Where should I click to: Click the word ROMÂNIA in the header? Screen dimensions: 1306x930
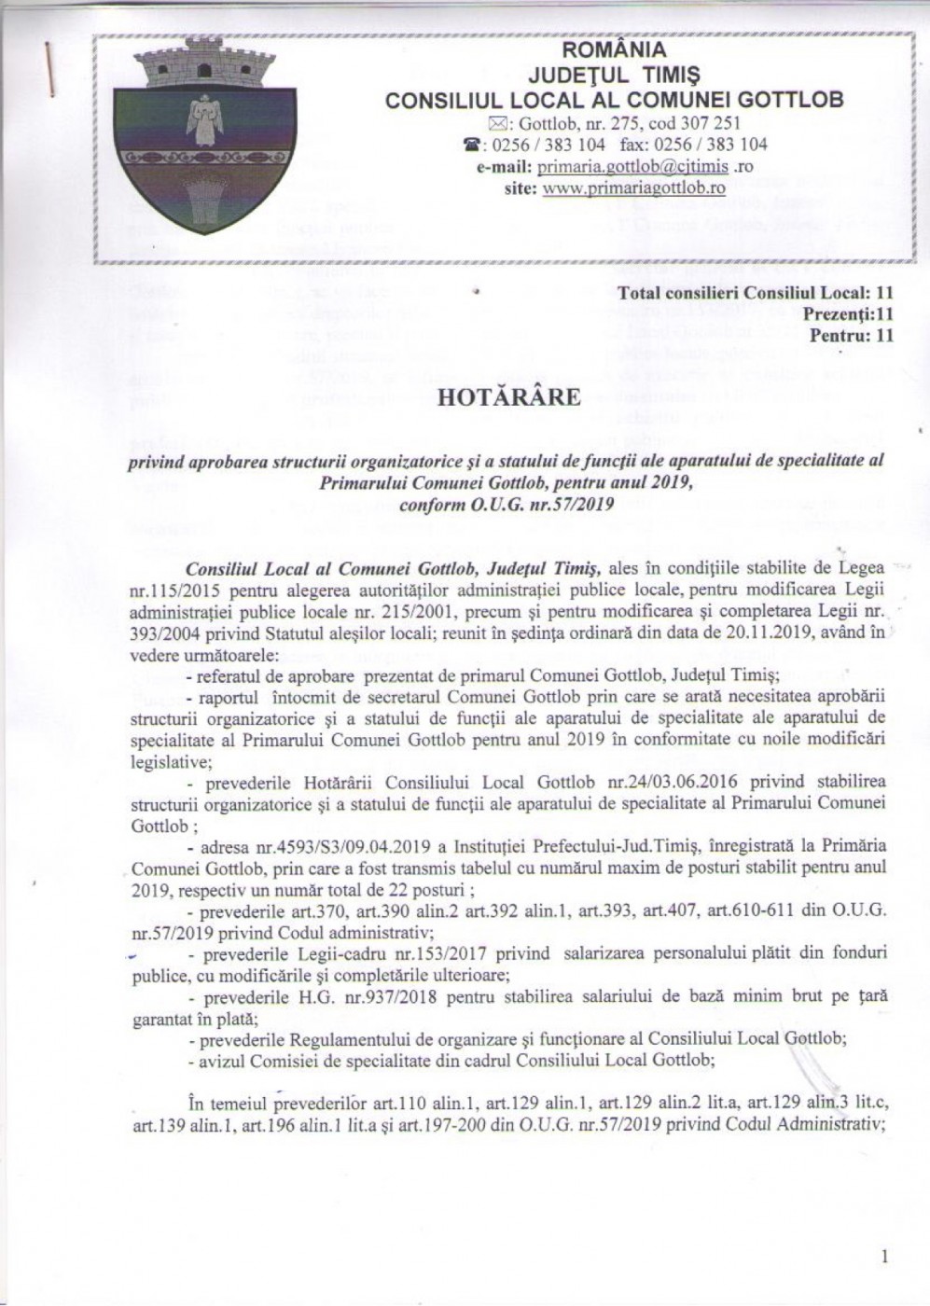point(615,49)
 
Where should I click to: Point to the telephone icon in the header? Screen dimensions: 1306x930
point(471,145)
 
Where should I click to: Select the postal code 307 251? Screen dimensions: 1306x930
point(713,123)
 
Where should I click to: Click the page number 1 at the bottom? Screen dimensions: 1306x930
point(883,1257)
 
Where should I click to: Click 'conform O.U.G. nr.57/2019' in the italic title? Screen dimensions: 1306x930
point(506,505)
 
